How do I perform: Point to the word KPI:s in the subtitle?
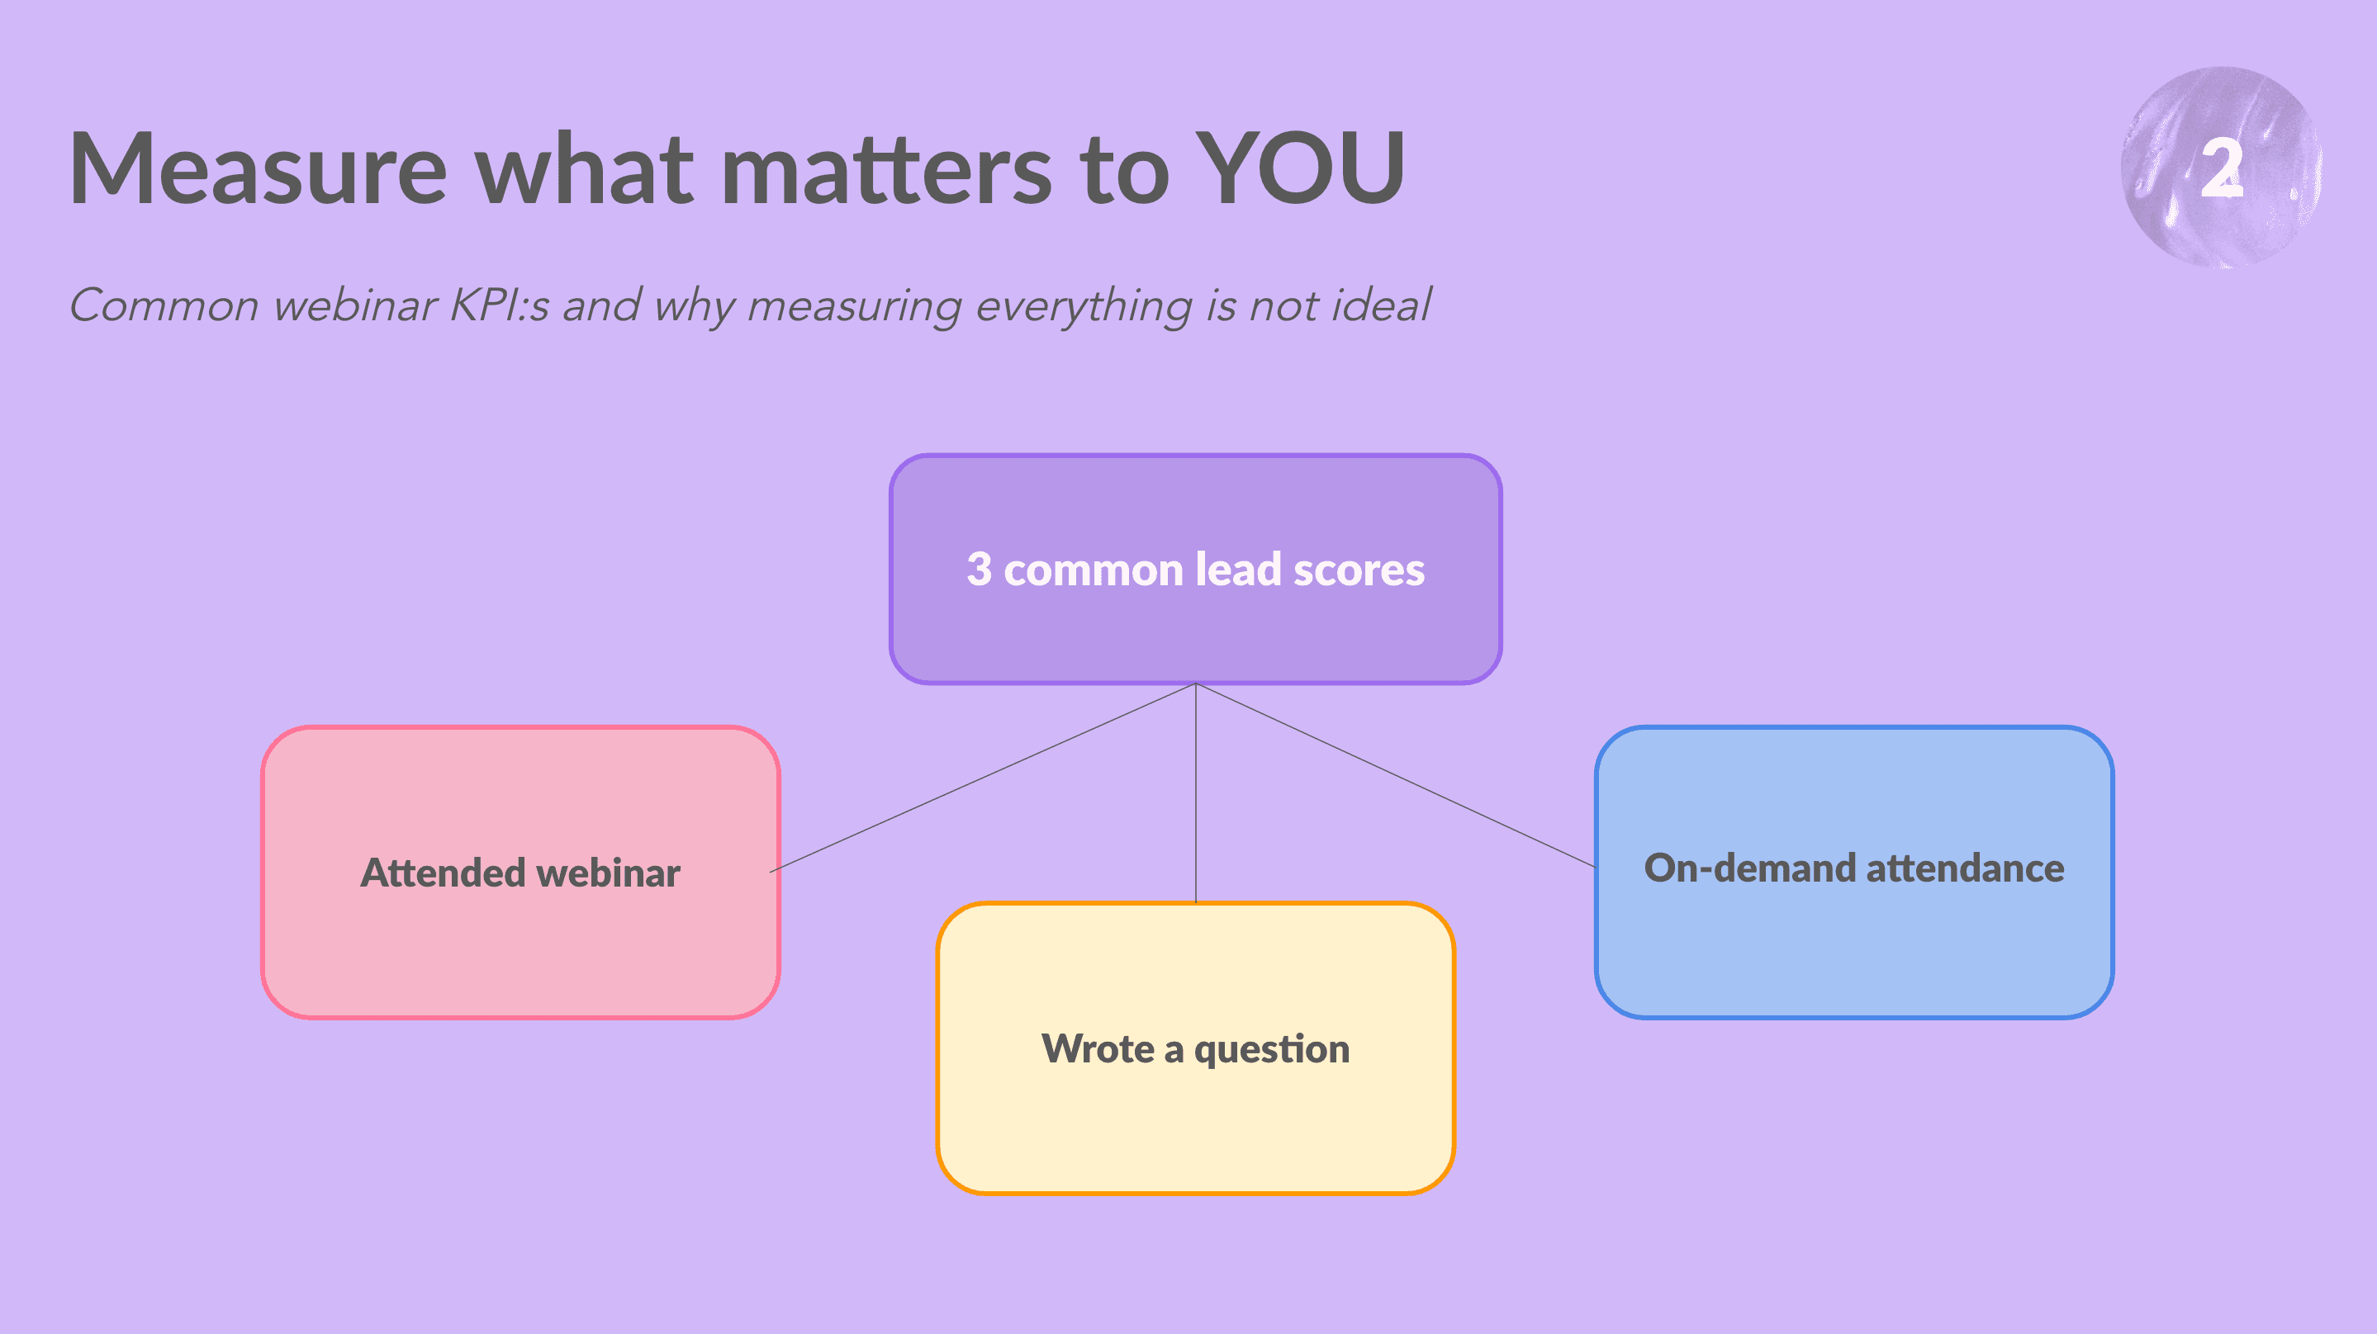point(499,305)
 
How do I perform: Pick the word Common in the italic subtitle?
point(164,305)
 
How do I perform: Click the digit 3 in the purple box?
point(979,570)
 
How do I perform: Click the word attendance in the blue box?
point(1966,868)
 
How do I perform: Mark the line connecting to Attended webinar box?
point(983,778)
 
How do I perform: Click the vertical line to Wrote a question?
point(1196,793)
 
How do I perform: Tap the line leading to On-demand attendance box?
point(1396,775)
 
